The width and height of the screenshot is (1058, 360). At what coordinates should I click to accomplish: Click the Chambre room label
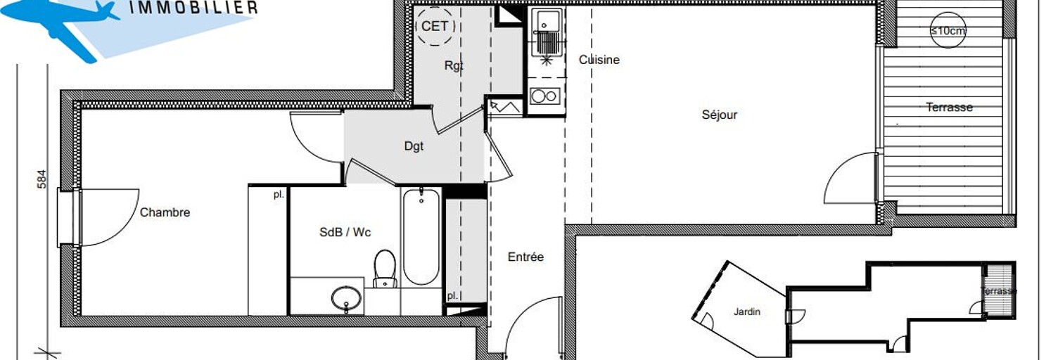[x=165, y=212]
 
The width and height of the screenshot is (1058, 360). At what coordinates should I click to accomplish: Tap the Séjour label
[x=720, y=115]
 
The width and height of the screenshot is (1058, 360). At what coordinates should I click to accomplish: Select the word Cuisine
[x=599, y=60]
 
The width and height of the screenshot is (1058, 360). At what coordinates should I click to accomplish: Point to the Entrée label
[x=525, y=257]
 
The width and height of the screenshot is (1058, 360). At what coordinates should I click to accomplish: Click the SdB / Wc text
[x=345, y=232]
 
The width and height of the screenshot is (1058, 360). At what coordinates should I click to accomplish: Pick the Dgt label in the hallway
[x=414, y=146]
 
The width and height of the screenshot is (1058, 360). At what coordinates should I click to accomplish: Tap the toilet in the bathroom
[x=385, y=269]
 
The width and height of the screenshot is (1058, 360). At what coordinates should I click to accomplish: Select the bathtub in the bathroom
[x=421, y=237]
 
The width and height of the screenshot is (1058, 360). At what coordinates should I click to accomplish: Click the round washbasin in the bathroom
[x=346, y=298]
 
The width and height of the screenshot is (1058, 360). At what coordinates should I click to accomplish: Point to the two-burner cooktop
[x=544, y=96]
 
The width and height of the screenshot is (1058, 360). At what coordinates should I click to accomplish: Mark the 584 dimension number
[x=42, y=179]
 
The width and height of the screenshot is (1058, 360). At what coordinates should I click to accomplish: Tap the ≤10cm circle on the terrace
[x=948, y=30]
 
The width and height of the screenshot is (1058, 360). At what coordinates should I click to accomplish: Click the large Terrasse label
[x=950, y=108]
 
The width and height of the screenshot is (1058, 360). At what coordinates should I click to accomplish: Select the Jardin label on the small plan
[x=747, y=312]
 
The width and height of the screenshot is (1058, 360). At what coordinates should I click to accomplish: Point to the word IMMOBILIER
[x=193, y=8]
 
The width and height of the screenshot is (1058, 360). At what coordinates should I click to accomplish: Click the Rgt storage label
[x=454, y=65]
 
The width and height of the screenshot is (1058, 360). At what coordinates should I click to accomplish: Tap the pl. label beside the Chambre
[x=279, y=194]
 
